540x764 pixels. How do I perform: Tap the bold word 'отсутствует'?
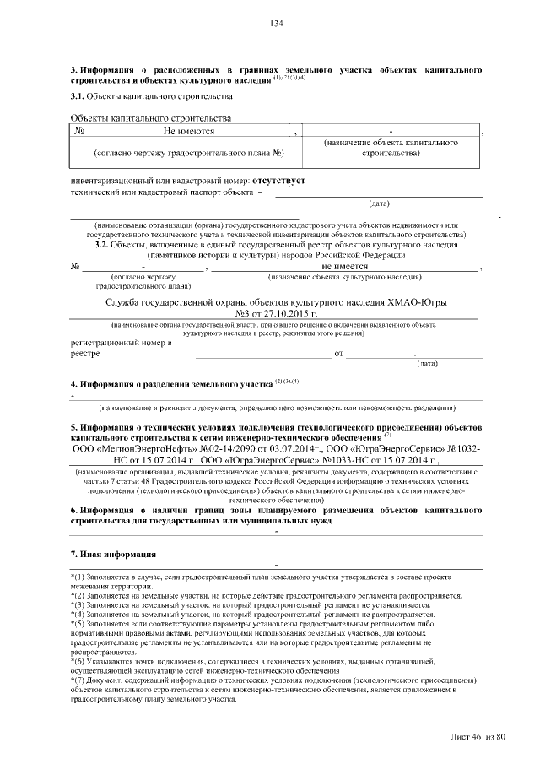pos(277,181)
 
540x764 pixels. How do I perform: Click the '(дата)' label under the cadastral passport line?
pos(379,203)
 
